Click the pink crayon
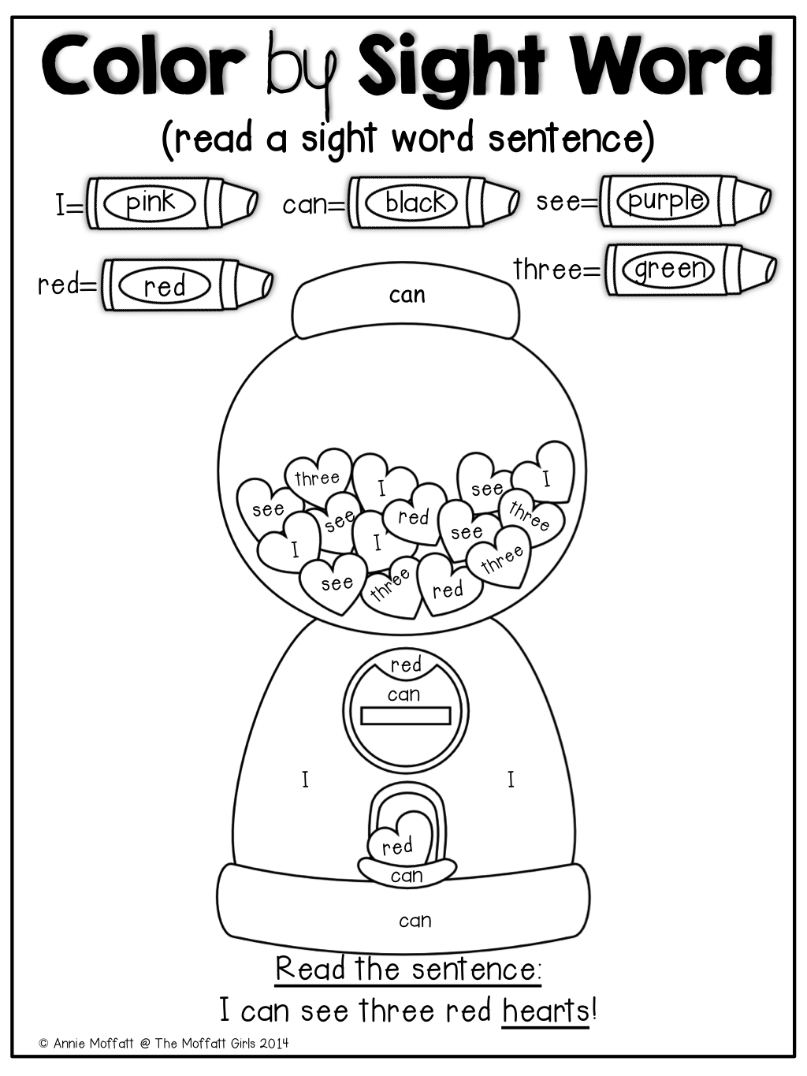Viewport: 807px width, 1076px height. coord(172,203)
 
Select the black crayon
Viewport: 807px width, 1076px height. coord(433,202)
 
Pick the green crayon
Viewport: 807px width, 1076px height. coord(690,270)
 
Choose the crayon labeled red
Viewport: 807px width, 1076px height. coord(188,285)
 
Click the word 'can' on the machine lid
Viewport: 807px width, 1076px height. coord(407,296)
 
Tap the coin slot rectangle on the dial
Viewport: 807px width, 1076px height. coord(405,716)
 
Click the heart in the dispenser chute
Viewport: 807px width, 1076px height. coord(400,841)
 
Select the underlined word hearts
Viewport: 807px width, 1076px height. coord(545,1011)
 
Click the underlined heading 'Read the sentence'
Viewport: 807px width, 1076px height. coord(407,968)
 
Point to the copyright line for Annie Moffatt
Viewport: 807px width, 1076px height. coord(164,1043)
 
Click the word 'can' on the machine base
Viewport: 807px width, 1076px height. coord(415,920)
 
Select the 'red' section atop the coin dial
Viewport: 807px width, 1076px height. coord(406,665)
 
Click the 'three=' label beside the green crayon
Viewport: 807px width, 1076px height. coord(556,270)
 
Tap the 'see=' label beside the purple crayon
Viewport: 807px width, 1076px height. coord(567,202)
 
